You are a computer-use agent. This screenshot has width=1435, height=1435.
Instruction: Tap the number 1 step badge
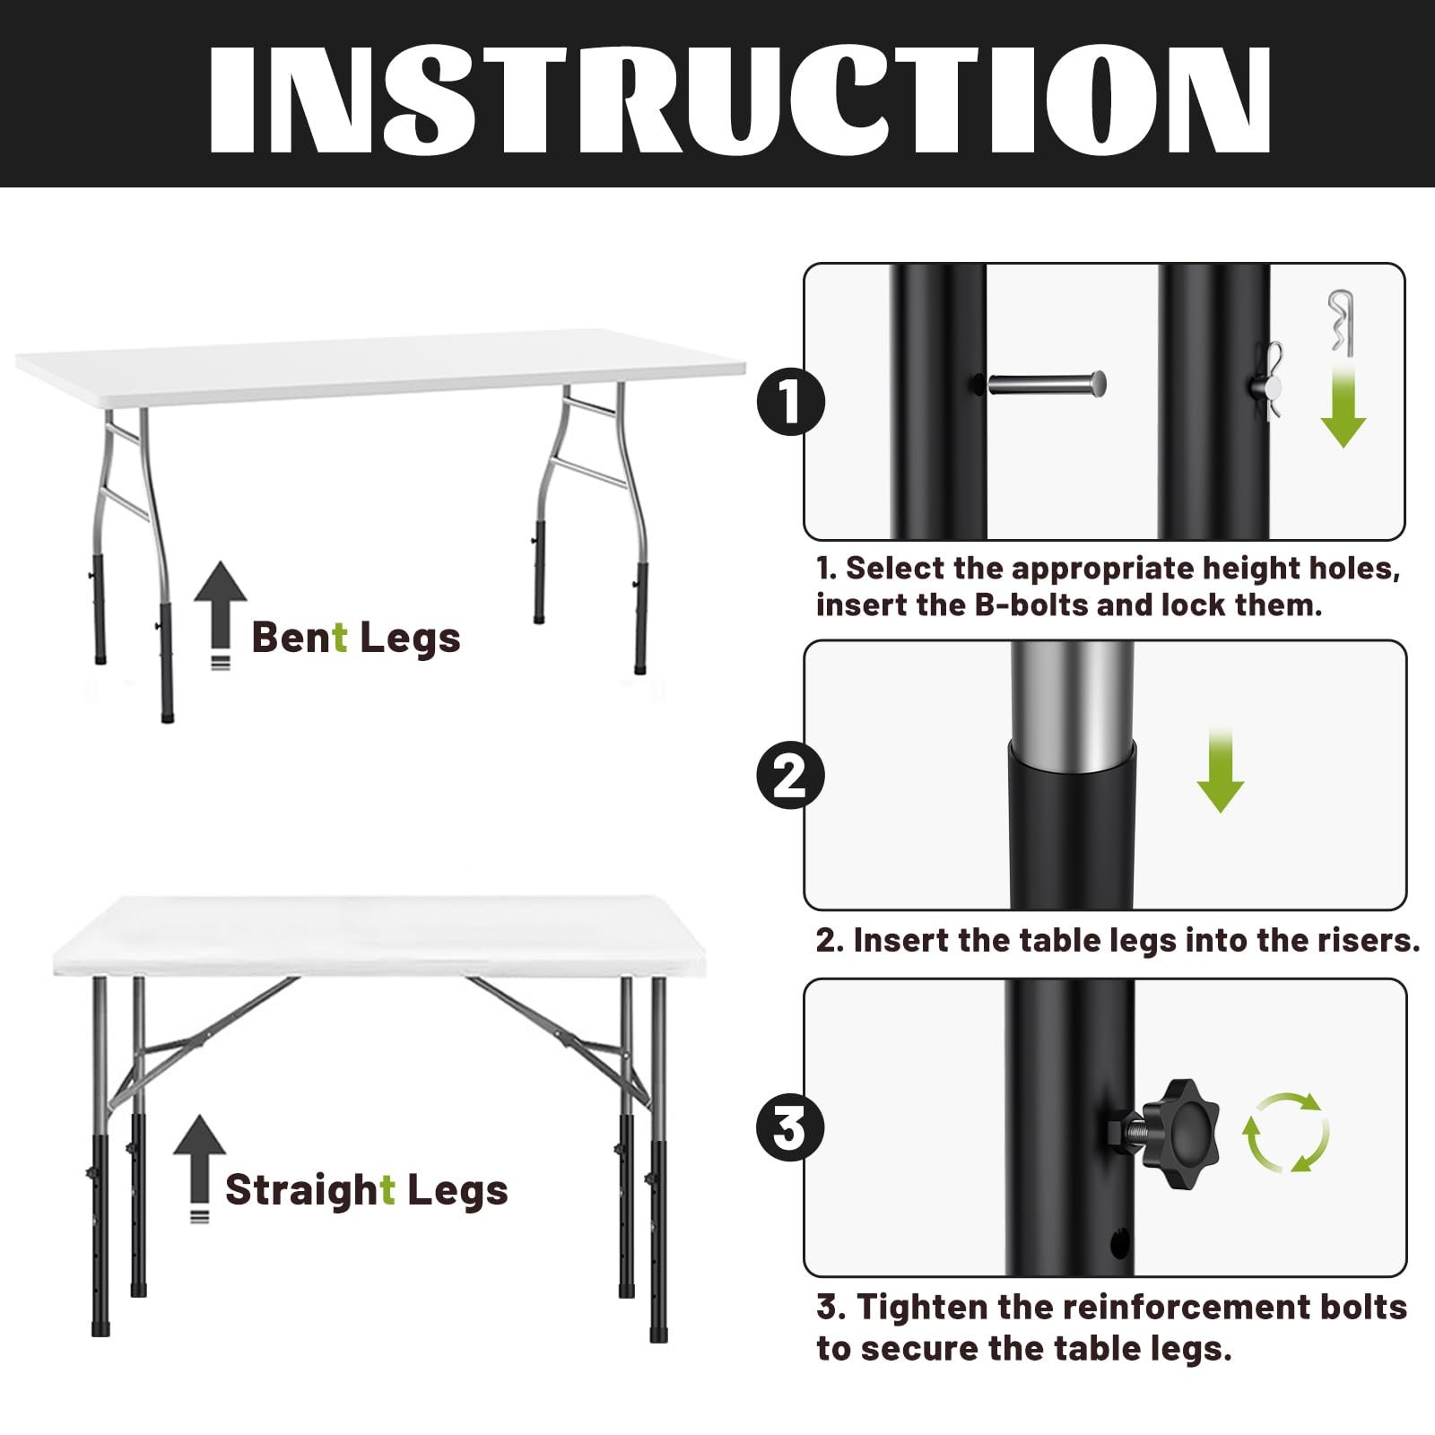(790, 401)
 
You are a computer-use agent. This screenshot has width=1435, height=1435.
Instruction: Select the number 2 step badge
(790, 775)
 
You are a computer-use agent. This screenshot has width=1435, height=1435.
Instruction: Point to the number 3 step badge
(790, 1127)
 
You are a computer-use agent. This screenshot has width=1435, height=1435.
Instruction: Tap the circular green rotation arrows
(1285, 1132)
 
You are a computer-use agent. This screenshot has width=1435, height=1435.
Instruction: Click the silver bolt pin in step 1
(1046, 385)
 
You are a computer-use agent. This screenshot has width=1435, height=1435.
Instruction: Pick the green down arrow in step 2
(1220, 770)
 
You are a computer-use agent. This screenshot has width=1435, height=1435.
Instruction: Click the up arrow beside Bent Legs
(220, 615)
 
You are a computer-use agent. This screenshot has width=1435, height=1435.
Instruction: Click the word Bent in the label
(299, 638)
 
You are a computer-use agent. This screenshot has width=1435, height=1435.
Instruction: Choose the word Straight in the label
(309, 1191)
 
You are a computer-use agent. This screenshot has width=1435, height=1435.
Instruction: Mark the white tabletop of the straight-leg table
(379, 935)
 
